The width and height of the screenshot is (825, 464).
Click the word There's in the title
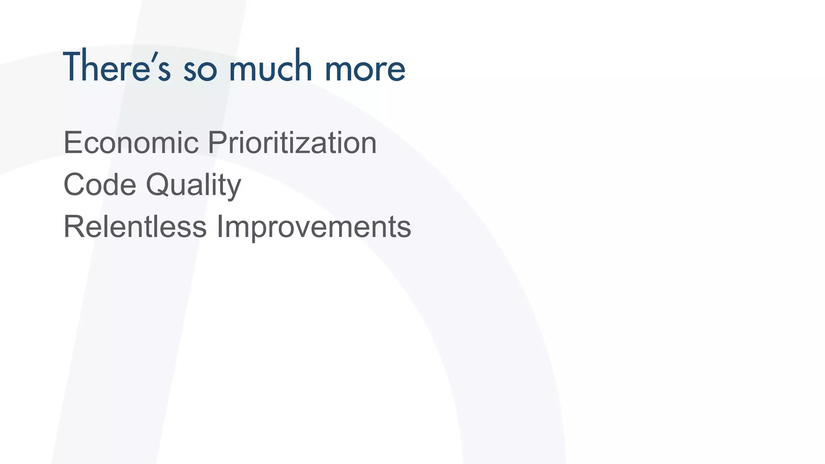[117, 67]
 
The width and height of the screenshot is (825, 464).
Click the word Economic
[131, 143]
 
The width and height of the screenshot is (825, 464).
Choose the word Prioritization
[292, 143]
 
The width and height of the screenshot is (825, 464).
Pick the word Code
[100, 184]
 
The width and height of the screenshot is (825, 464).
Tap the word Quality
[193, 185]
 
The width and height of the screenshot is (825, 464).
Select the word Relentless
[135, 226]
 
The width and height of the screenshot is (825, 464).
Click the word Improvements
[314, 227]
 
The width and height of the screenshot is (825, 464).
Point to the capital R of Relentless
[74, 226]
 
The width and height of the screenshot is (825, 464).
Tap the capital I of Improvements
[220, 226]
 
